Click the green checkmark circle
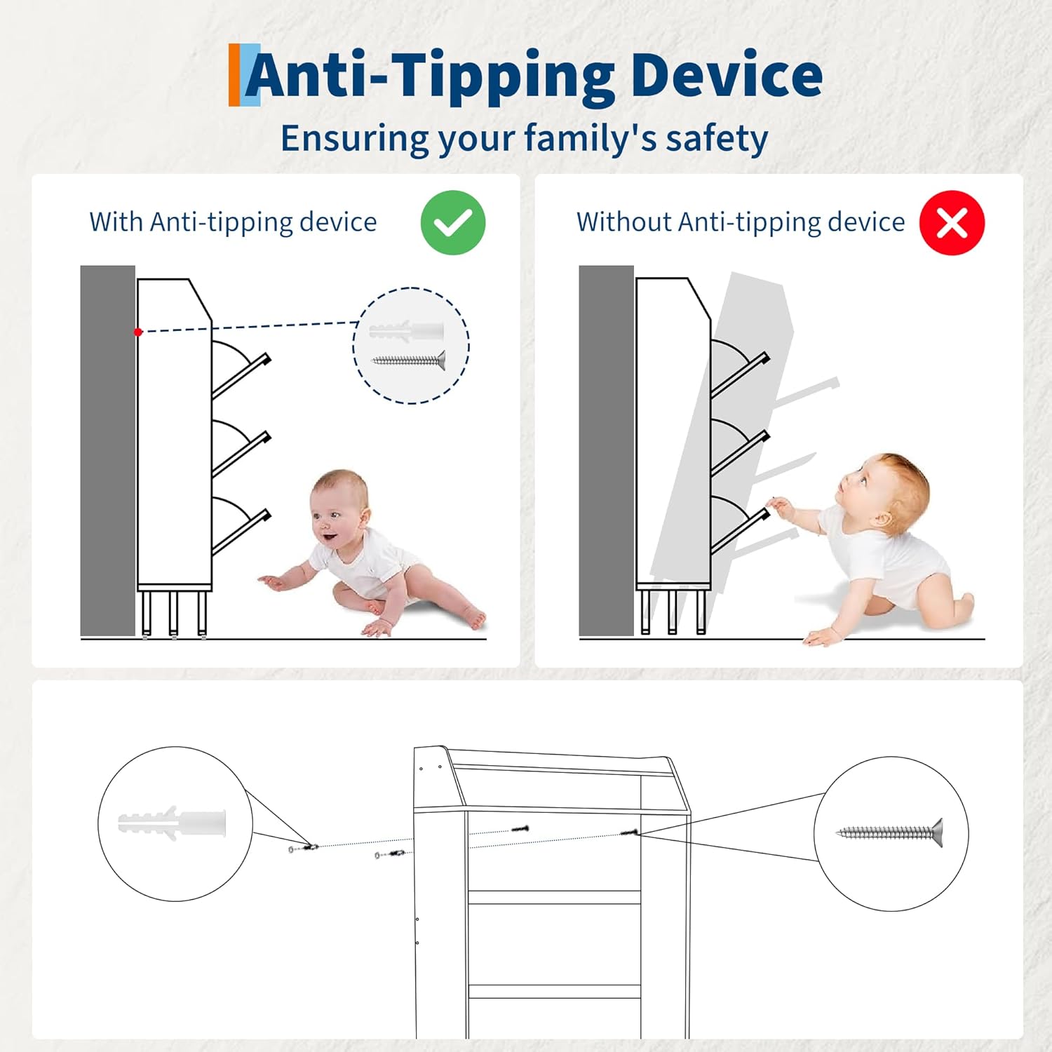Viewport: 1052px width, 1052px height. pyautogui.click(x=453, y=222)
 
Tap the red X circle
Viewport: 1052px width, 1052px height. pyautogui.click(x=952, y=222)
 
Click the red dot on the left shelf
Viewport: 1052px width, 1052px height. pyautogui.click(x=138, y=332)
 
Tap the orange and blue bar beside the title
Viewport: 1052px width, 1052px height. pyautogui.click(x=244, y=75)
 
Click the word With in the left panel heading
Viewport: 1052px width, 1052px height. pyautogui.click(x=116, y=222)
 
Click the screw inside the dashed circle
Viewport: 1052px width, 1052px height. pyautogui.click(x=409, y=360)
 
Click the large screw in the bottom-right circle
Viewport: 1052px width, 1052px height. pyautogui.click(x=890, y=832)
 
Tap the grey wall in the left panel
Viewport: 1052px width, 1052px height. pyautogui.click(x=108, y=451)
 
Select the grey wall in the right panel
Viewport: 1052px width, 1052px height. pyautogui.click(x=607, y=451)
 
